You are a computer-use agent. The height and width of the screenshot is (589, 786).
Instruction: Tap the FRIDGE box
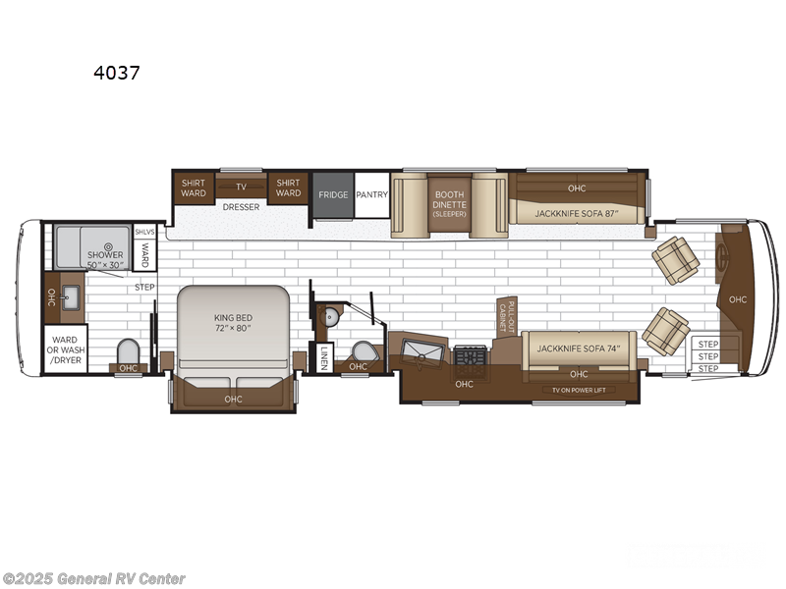point(333,194)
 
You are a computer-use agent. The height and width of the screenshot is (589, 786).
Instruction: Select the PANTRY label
point(371,194)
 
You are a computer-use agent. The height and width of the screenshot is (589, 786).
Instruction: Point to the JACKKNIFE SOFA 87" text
point(576,212)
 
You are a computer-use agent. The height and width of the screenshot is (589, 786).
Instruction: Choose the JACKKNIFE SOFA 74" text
point(579,348)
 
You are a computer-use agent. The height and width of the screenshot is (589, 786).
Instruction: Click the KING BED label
point(233,322)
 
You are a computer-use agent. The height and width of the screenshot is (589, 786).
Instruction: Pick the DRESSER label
point(241,207)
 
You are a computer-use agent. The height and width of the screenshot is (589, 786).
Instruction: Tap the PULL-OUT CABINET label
point(506,318)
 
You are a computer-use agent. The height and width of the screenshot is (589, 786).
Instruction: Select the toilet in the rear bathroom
point(128,350)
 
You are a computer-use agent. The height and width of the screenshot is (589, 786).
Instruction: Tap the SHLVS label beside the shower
point(143,232)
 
